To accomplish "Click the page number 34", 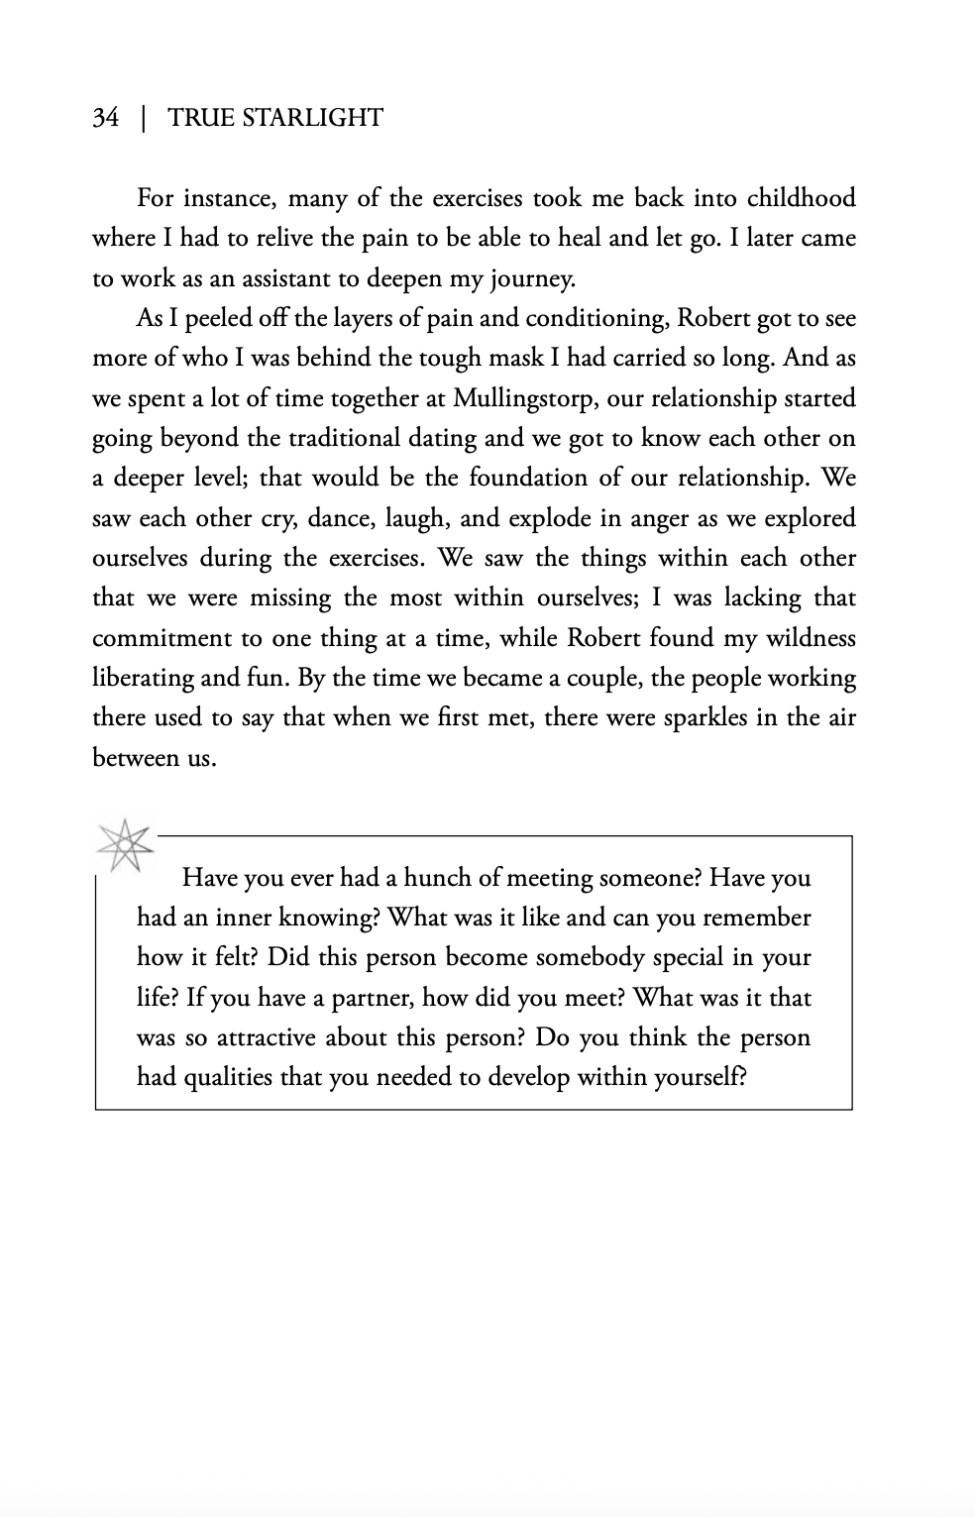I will tap(105, 118).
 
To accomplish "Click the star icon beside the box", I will tap(124, 845).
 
